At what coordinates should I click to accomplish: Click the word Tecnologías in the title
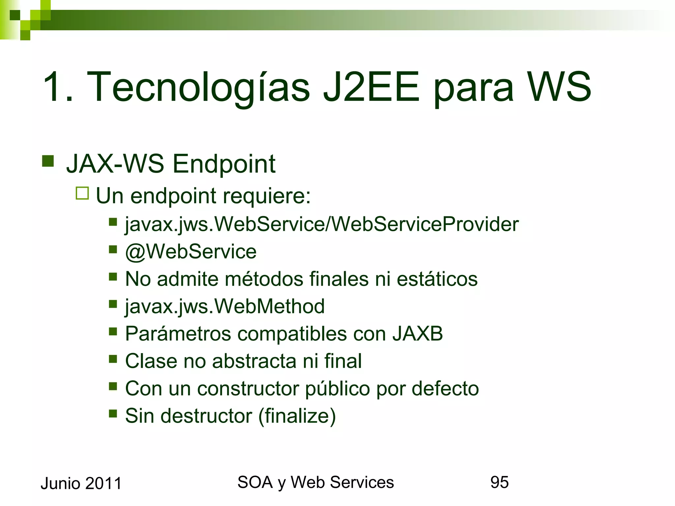coord(198,87)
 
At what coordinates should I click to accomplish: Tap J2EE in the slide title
coord(371,87)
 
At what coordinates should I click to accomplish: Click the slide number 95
coord(499,482)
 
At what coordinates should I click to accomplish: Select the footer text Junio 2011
coord(81,484)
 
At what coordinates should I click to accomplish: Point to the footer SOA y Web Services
coord(315,482)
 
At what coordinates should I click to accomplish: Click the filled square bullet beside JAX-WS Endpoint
coord(48,161)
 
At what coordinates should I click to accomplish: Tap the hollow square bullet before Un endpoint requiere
coord(82,193)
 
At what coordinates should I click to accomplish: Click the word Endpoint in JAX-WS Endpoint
coord(224,164)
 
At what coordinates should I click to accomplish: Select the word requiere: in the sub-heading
coord(267,196)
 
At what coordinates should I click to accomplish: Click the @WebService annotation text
coord(191,252)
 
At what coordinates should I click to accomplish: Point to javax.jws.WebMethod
coord(225,306)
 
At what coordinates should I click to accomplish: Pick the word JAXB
coord(418,334)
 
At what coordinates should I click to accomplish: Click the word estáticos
coord(437,279)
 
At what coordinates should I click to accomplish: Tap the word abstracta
coord(254,361)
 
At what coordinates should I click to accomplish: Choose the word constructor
coord(248,388)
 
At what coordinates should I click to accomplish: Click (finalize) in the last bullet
coord(297,416)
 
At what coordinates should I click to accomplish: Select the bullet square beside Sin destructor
coord(113,413)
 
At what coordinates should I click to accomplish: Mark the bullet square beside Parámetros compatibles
coord(113,331)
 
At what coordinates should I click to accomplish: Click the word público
coord(337,388)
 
